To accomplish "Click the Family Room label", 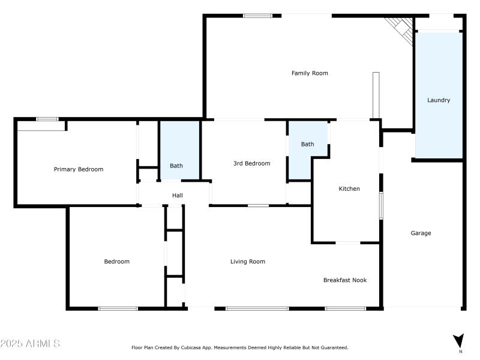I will click(x=310, y=73).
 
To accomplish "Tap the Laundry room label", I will click(x=439, y=100).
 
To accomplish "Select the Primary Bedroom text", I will click(x=79, y=169).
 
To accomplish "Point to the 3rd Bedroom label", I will click(x=251, y=163).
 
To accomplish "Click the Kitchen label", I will click(x=349, y=189).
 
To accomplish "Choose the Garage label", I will click(x=421, y=233).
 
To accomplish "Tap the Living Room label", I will click(x=248, y=262).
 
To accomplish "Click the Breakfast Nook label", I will click(x=345, y=280).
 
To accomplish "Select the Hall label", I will click(x=178, y=196).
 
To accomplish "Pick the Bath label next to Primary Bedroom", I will click(x=176, y=166).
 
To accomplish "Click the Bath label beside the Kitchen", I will click(x=307, y=144).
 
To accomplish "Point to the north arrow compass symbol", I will click(x=459, y=340).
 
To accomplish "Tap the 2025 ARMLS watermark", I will click(x=30, y=344).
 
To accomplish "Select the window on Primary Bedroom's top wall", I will click(x=47, y=119).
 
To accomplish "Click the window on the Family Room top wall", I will click(x=257, y=16).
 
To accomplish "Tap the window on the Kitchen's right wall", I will click(x=380, y=206).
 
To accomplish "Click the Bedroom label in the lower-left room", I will click(x=116, y=262).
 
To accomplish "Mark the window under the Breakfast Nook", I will click(x=345, y=308).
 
